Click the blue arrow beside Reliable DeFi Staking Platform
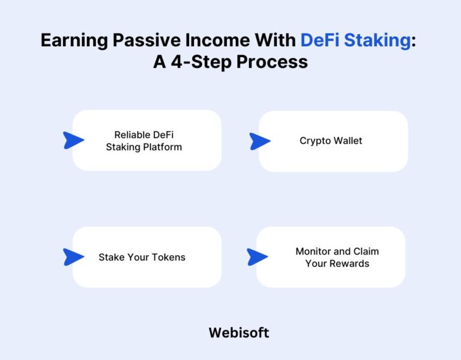pyautogui.click(x=73, y=141)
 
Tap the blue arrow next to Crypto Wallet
pyautogui.click(x=259, y=142)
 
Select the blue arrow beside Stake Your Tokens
pyautogui.click(x=73, y=257)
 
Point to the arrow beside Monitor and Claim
pyautogui.click(x=257, y=257)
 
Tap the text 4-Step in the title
pyautogui.click(x=195, y=62)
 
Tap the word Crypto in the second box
pyautogui.click(x=315, y=141)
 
